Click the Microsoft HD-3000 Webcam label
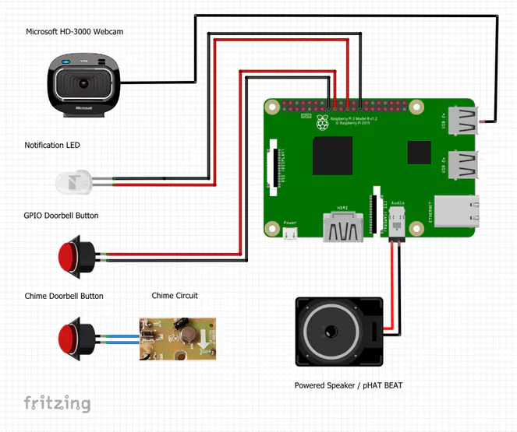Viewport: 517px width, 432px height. click(75, 32)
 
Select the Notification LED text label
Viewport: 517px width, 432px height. click(52, 146)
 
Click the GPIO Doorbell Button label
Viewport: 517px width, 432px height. click(62, 216)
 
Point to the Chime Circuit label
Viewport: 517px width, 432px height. click(175, 296)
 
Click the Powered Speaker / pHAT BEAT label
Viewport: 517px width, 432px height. click(348, 385)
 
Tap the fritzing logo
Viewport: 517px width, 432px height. click(56, 403)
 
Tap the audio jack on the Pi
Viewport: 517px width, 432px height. click(395, 225)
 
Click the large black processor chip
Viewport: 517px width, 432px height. click(333, 156)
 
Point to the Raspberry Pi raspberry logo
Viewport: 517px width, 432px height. click(321, 123)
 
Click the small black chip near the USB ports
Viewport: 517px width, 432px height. click(420, 153)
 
